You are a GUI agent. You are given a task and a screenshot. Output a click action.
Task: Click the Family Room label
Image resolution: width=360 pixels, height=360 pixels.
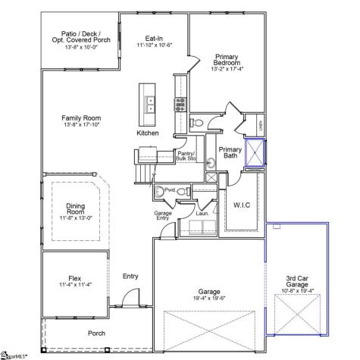pos(81,117)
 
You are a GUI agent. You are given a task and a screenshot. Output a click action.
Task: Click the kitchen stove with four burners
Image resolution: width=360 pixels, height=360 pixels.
pos(181,102)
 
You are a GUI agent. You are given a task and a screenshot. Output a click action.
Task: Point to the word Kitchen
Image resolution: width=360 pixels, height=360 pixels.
pos(147,133)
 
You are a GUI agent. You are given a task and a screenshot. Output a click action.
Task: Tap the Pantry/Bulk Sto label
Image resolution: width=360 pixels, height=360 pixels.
pos(186,156)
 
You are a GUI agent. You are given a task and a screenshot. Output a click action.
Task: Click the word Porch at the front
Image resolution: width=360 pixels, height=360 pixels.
pos(97,333)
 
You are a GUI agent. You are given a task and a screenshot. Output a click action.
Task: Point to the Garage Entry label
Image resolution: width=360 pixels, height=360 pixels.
pos(164,217)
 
